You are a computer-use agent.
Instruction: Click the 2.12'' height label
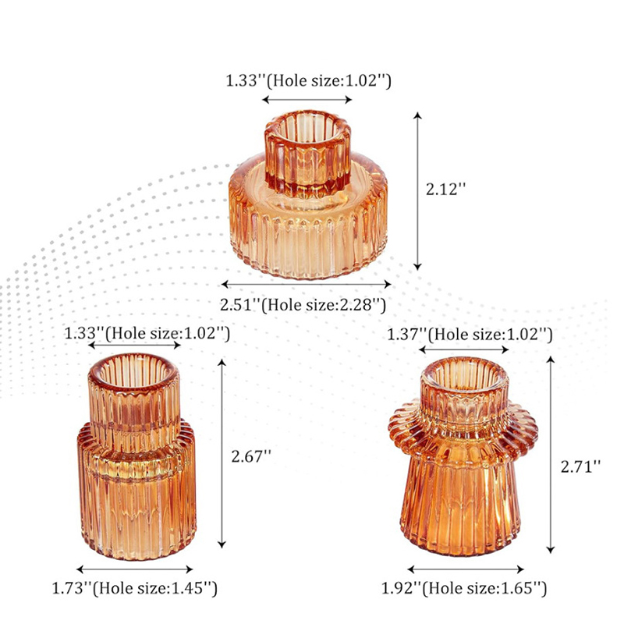(445, 189)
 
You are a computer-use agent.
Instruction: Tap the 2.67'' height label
(251, 456)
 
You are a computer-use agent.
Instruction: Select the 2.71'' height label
(580, 466)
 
